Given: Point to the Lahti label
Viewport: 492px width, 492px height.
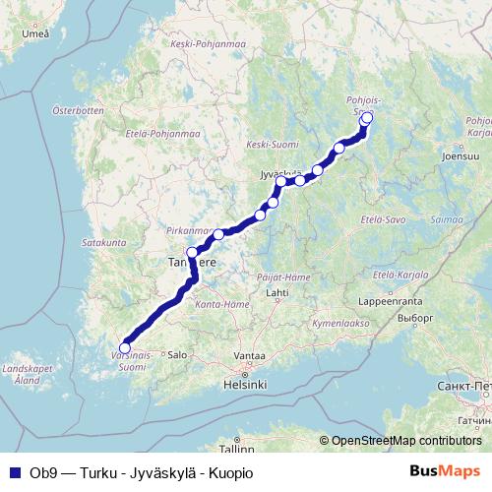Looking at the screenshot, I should click(x=277, y=292).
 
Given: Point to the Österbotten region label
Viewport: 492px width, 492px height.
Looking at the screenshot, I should click(x=79, y=110).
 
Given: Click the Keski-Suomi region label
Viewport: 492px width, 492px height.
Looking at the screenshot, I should click(x=272, y=145).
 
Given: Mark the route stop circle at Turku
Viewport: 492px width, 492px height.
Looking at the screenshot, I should click(x=124, y=347).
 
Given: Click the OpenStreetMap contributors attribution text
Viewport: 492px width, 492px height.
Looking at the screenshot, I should click(x=405, y=440).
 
